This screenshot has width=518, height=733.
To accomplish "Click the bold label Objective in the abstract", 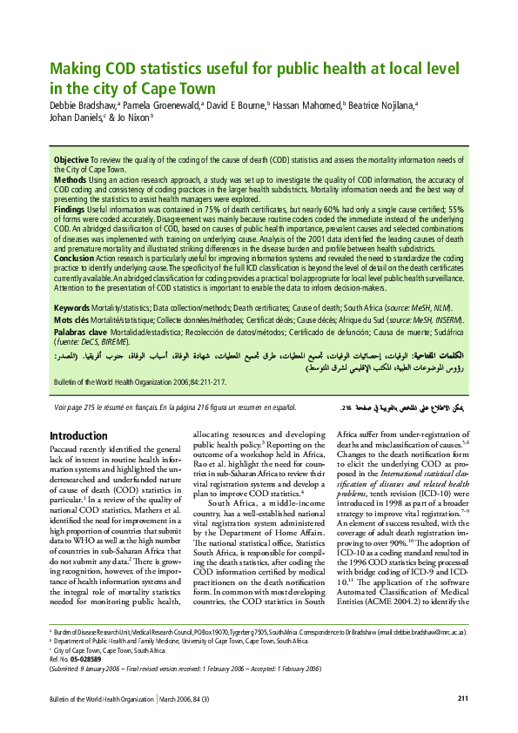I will (71, 161).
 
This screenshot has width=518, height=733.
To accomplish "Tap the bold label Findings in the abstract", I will (71, 210).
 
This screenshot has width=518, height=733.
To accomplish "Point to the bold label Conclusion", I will (74, 259).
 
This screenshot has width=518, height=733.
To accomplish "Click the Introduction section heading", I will (78, 436).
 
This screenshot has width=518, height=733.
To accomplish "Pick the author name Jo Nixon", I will (135, 118).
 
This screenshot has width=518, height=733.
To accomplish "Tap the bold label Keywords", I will (71, 308).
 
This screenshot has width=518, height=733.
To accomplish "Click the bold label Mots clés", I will (71, 320).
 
